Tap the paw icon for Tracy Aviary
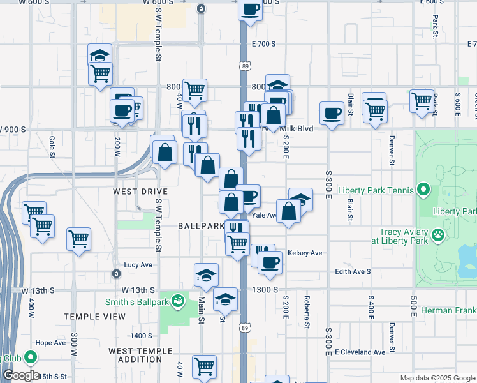(x=438, y=235)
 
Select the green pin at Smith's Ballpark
(x=180, y=299)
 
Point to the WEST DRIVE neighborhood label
(x=140, y=191)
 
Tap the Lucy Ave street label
(x=138, y=264)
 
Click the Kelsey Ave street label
(x=305, y=253)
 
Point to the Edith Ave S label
(x=353, y=271)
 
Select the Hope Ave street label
(x=50, y=342)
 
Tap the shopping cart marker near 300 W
(x=78, y=239)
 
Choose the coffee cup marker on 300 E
(x=331, y=114)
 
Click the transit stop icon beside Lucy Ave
(x=115, y=274)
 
